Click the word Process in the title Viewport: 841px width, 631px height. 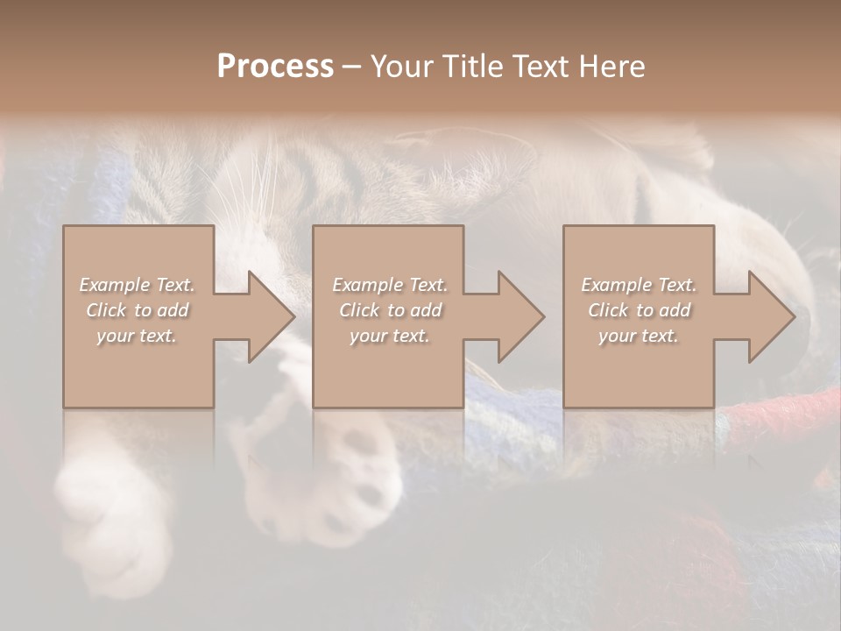(x=275, y=67)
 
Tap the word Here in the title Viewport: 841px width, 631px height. (x=613, y=67)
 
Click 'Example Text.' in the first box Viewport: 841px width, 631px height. (x=137, y=285)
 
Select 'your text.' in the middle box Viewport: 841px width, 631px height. (x=389, y=336)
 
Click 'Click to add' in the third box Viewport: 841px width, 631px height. (x=640, y=310)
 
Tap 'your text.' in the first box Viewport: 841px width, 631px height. (x=137, y=336)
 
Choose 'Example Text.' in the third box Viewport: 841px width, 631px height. (x=639, y=285)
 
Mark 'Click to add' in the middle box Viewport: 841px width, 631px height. (x=390, y=310)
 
